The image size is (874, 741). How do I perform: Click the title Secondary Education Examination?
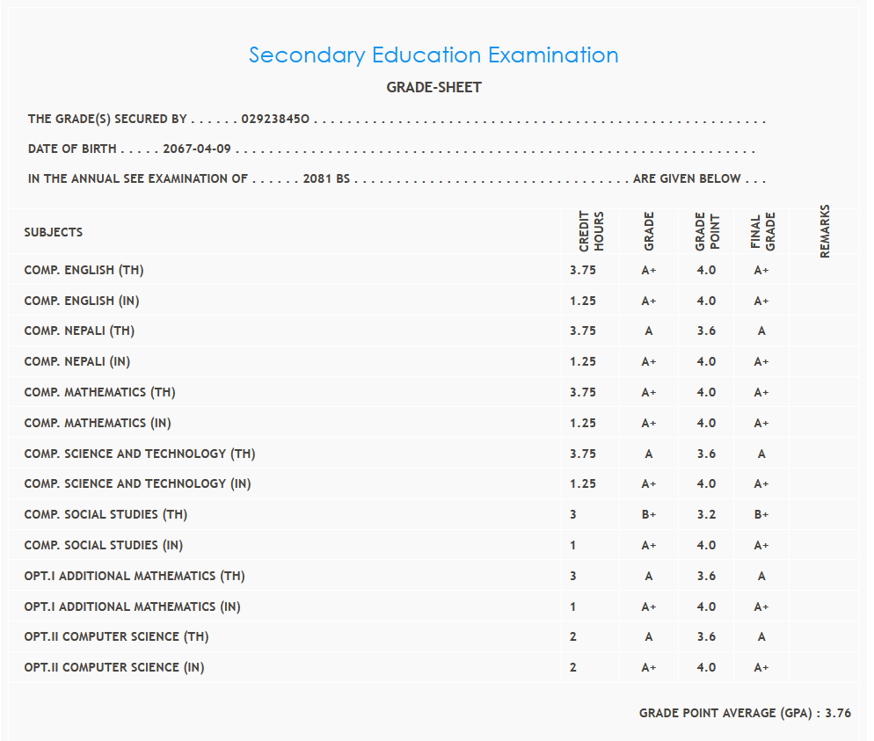(433, 54)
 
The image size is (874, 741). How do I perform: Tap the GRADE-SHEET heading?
(433, 87)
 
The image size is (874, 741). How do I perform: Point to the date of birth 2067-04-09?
(197, 149)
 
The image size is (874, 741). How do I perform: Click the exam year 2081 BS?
(326, 178)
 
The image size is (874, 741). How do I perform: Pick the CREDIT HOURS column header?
(591, 231)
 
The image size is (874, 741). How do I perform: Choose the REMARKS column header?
(825, 231)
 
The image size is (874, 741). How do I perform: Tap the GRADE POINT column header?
(706, 231)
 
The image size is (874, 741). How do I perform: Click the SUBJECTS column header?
(54, 232)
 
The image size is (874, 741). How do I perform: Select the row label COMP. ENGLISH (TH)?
(84, 270)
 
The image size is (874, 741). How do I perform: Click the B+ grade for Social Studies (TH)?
(649, 514)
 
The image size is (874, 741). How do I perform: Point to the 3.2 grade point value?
(706, 514)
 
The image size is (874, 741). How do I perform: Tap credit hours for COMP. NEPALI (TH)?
(582, 331)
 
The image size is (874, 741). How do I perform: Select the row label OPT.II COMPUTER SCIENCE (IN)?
(114, 667)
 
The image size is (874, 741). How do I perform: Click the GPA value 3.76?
(838, 714)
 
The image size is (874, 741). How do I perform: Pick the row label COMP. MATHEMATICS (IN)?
(98, 423)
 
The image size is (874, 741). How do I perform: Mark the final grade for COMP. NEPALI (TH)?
(761, 331)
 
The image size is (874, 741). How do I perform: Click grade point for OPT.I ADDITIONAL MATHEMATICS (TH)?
(706, 576)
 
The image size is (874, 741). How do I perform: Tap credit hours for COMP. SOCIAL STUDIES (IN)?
(573, 545)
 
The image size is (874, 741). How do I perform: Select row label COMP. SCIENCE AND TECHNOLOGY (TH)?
(140, 454)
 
